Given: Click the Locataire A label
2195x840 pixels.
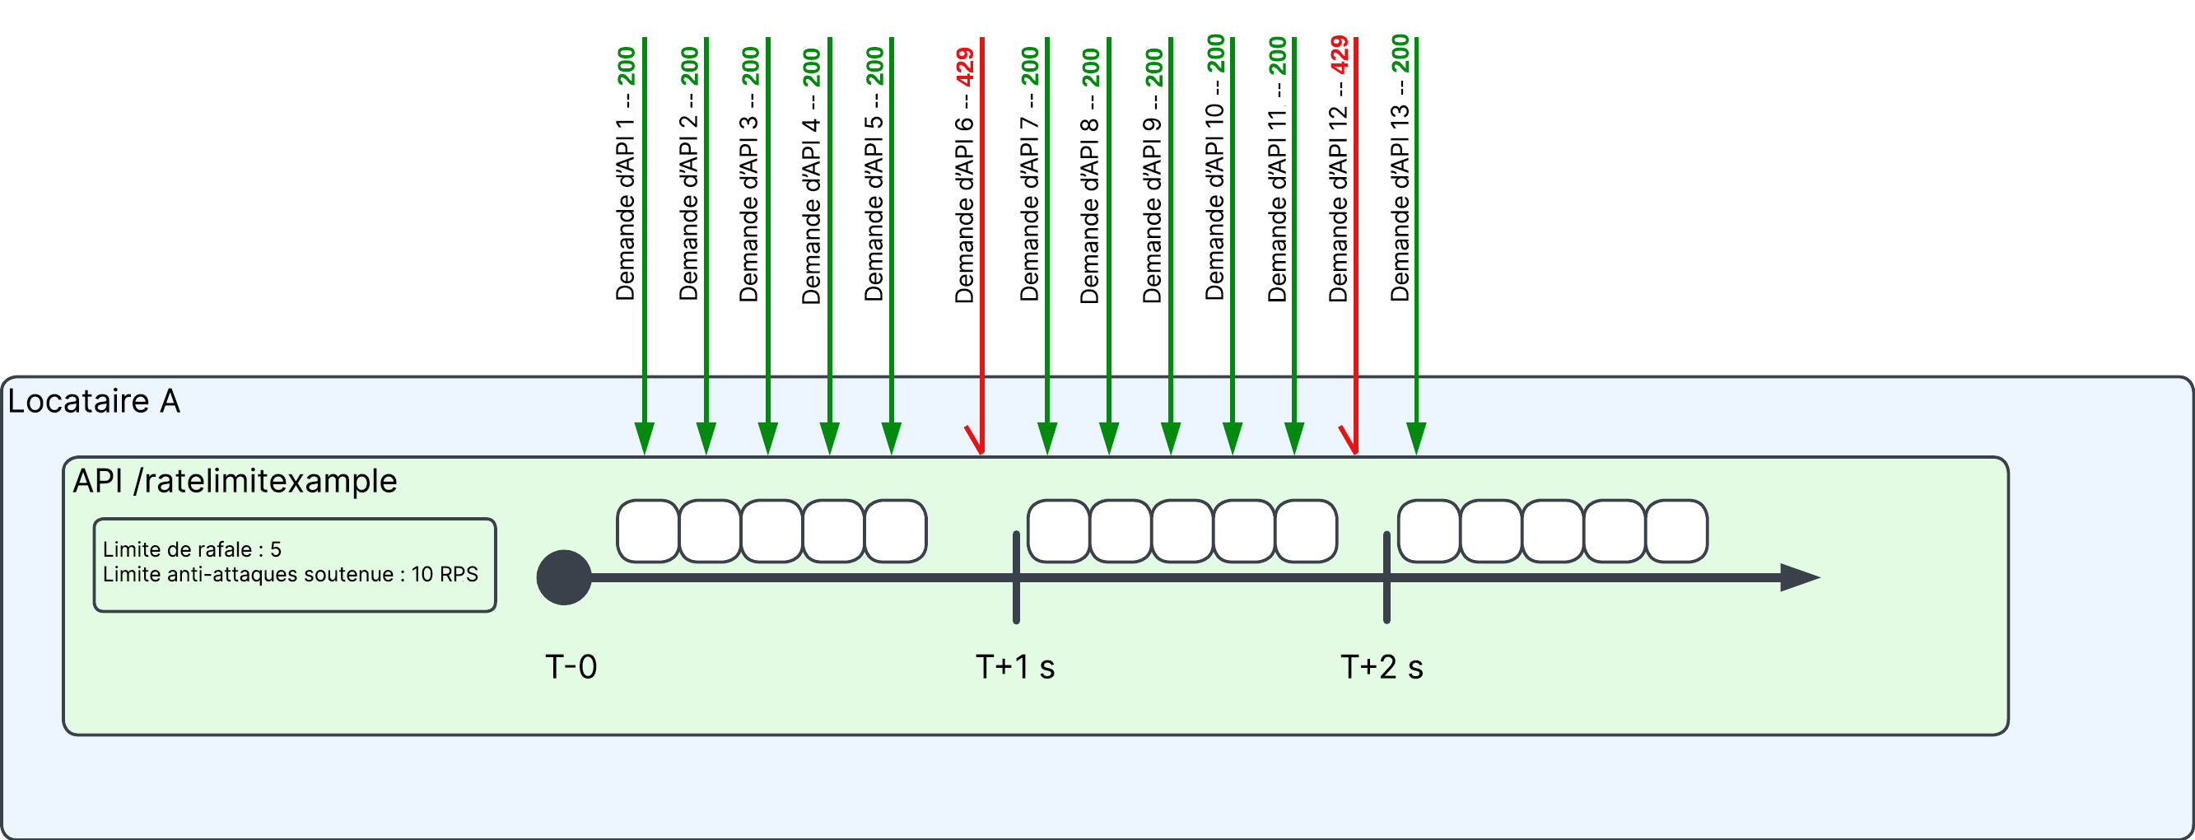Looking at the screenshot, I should [x=94, y=401].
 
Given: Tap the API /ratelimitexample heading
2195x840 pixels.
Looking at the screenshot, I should [x=235, y=481].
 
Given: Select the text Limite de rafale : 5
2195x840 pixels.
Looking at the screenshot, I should [x=192, y=549].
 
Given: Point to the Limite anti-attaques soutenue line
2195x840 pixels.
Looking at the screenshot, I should [x=290, y=574].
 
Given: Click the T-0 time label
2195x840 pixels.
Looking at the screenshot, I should [x=571, y=667].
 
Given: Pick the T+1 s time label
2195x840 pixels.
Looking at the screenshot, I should [x=1015, y=667].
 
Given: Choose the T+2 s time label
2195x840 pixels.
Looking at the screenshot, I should [x=1382, y=667].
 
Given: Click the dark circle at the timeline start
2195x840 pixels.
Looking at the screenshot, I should [x=564, y=577].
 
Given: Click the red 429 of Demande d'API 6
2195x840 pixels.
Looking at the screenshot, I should [x=965, y=67].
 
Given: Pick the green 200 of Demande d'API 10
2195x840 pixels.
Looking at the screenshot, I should [x=1216, y=53].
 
